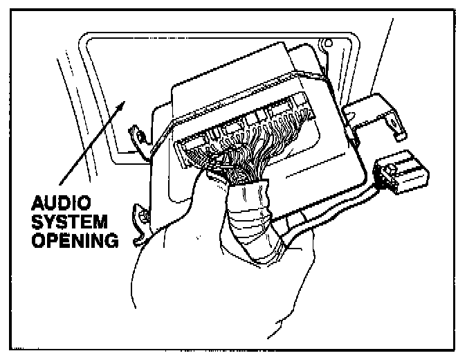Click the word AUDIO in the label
click(68, 206)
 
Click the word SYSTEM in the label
click(72, 223)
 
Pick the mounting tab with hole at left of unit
click(137, 133)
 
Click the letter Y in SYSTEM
click(58, 223)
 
